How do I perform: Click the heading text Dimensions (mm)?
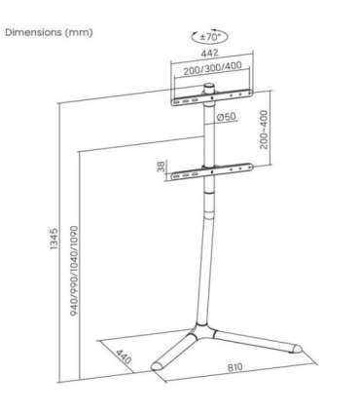tap(50, 32)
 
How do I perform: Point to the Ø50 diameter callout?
tap(227, 119)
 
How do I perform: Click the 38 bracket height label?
tap(162, 169)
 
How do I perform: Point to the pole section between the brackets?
tap(207, 136)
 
